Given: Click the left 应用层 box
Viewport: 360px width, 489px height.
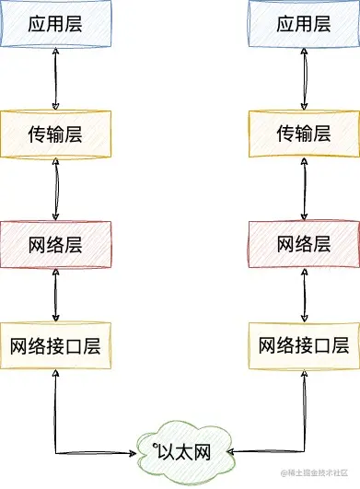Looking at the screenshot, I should [x=56, y=23].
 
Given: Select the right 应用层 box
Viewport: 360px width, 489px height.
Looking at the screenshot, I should [x=303, y=23].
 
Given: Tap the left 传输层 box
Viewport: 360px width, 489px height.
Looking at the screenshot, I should [x=56, y=134].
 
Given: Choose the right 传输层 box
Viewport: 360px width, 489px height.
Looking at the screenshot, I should [x=303, y=134].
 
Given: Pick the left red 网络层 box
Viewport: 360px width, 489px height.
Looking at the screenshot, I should [x=56, y=244].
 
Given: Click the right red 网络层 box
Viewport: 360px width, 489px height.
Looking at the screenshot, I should [x=303, y=244].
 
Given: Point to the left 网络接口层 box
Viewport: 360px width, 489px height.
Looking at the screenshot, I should [x=56, y=346].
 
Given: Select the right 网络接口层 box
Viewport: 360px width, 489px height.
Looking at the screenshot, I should [x=303, y=346].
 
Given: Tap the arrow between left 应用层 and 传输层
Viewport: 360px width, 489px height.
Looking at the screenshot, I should [x=56, y=78].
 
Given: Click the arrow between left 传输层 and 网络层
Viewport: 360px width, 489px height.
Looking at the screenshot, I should [x=56, y=189].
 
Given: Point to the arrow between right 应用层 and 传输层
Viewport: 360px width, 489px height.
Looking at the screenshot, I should [x=303, y=78].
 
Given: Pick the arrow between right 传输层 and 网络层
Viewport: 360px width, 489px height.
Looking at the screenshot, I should [x=303, y=189].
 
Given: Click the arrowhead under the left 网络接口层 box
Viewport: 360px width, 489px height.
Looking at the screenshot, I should [x=57, y=373].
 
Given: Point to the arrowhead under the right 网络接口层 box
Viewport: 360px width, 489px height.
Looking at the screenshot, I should [x=303, y=373].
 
